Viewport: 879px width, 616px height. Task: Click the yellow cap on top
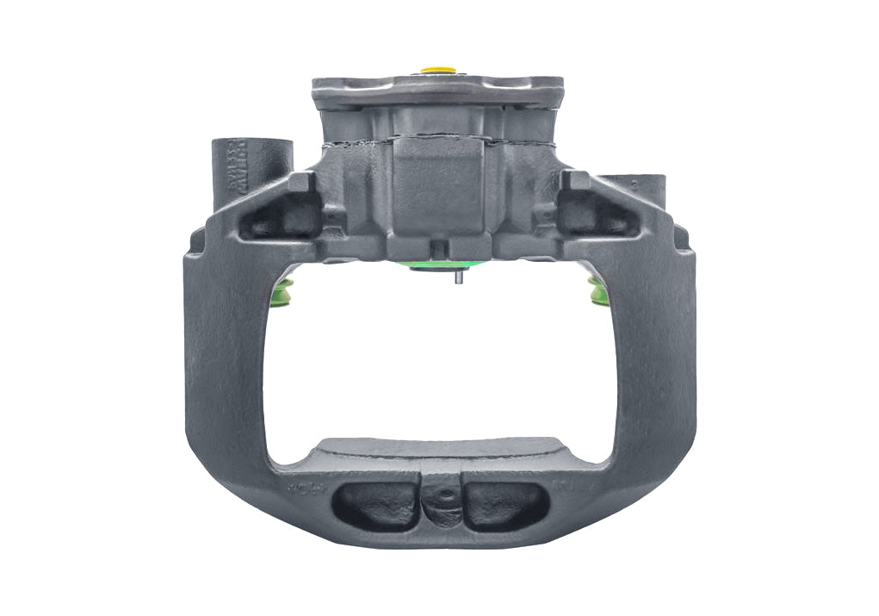tap(437, 67)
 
